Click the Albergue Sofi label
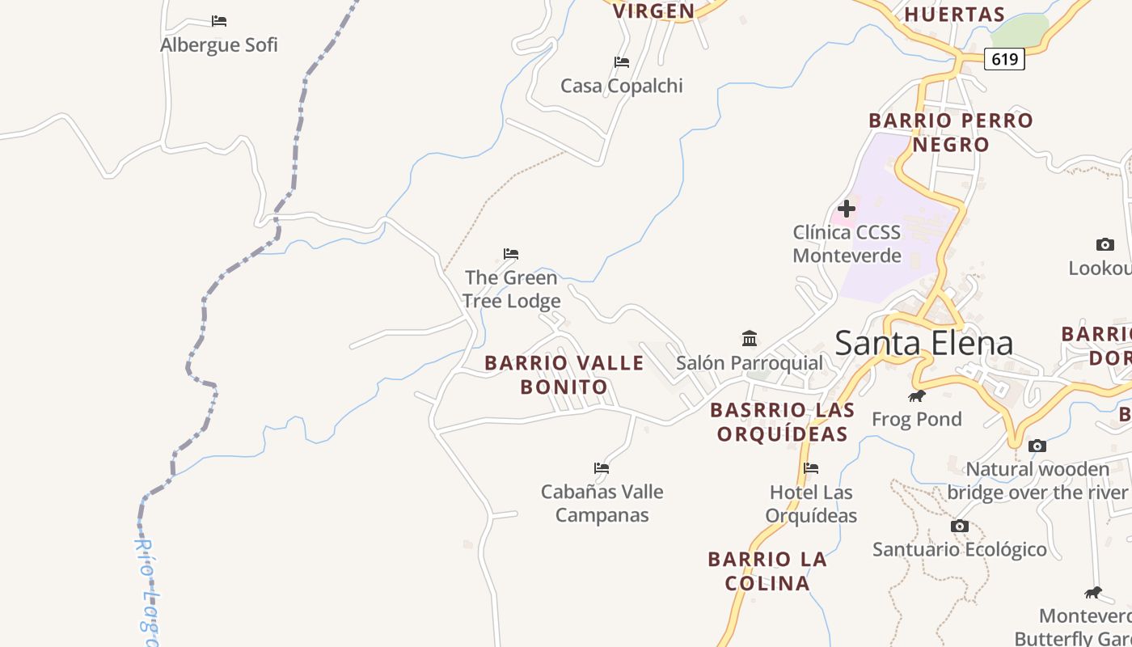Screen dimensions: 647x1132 pos(219,44)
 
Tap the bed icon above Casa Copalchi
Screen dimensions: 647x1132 pos(621,62)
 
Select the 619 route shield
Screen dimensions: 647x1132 pos(1004,59)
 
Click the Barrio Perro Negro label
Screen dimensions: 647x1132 pos(951,133)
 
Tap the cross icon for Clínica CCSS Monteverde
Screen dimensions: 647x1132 pos(847,209)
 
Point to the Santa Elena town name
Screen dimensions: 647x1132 pos(923,343)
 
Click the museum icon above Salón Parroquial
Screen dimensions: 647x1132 pos(750,338)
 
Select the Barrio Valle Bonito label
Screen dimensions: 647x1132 pos(564,374)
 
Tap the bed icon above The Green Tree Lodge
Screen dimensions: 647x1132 pos(511,254)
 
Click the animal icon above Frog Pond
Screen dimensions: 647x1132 pos(916,395)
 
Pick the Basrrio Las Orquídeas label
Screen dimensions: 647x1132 pos(782,421)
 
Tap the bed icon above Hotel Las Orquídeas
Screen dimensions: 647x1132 pos(811,468)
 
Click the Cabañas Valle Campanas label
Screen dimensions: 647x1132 pos(602,503)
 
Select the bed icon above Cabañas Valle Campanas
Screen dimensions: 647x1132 pos(602,468)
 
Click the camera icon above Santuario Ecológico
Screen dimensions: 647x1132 pos(960,526)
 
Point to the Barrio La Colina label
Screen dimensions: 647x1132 pos(767,571)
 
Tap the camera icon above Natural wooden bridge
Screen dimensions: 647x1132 pos(1037,446)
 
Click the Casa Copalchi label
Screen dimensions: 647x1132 pos(622,86)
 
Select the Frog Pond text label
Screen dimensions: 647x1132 pos(917,419)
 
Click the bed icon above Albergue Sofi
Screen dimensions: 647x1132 pos(219,21)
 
